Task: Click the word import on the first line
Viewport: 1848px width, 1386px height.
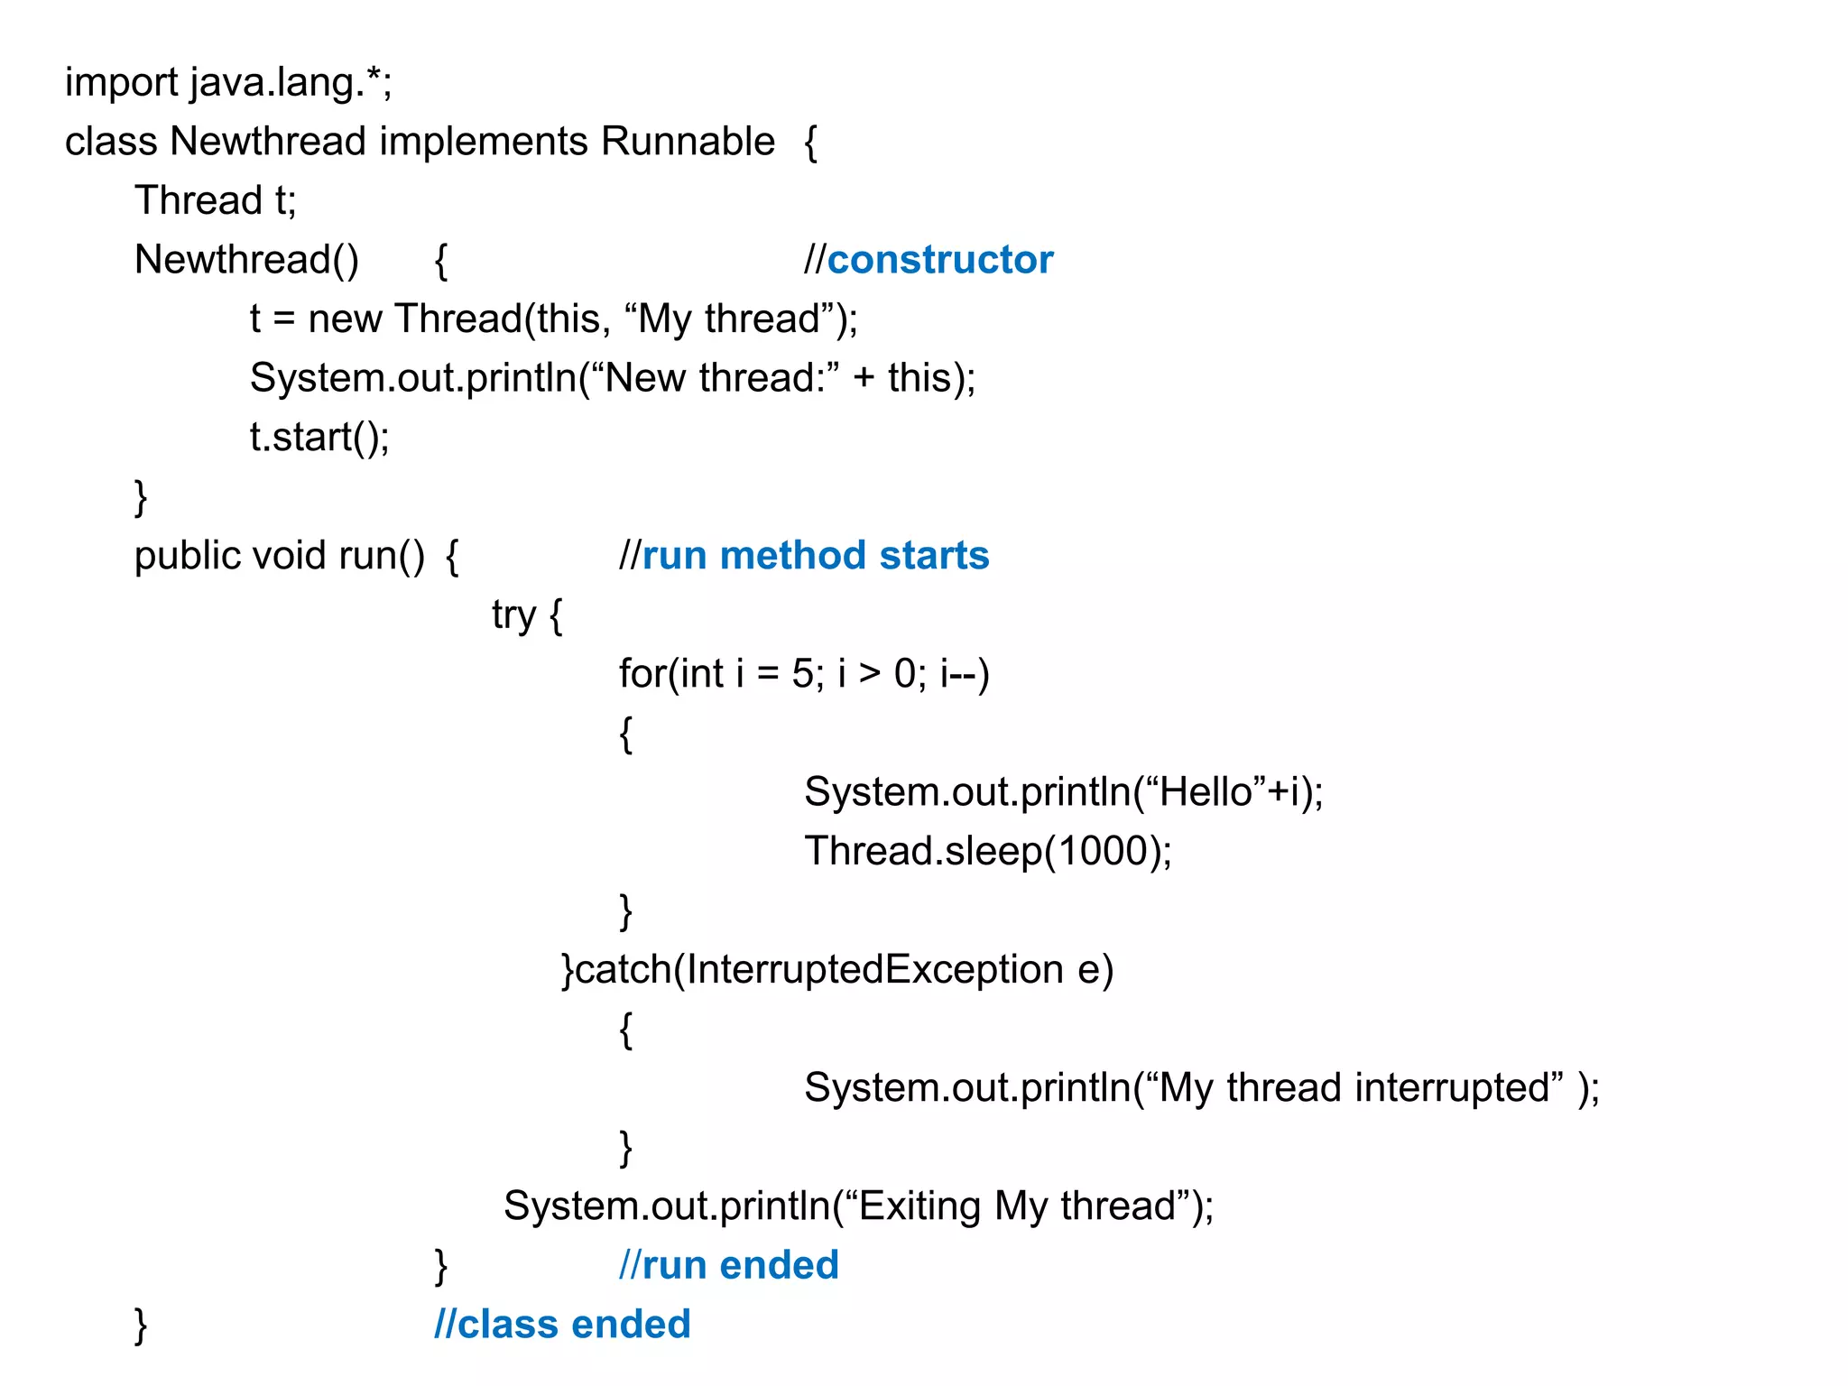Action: click(121, 83)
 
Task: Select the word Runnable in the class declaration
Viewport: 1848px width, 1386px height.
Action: click(688, 142)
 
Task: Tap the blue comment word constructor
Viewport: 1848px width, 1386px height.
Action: click(939, 260)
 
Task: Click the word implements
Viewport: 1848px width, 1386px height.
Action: click(483, 142)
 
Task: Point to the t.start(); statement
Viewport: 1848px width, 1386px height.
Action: click(319, 438)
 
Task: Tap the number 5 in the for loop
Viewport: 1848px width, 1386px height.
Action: click(802, 674)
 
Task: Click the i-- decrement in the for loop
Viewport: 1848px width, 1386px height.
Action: click(958, 674)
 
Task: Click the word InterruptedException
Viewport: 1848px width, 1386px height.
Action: click(874, 970)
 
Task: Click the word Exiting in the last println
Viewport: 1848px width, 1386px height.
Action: click(919, 1206)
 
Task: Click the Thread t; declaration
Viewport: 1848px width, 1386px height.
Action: click(215, 200)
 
